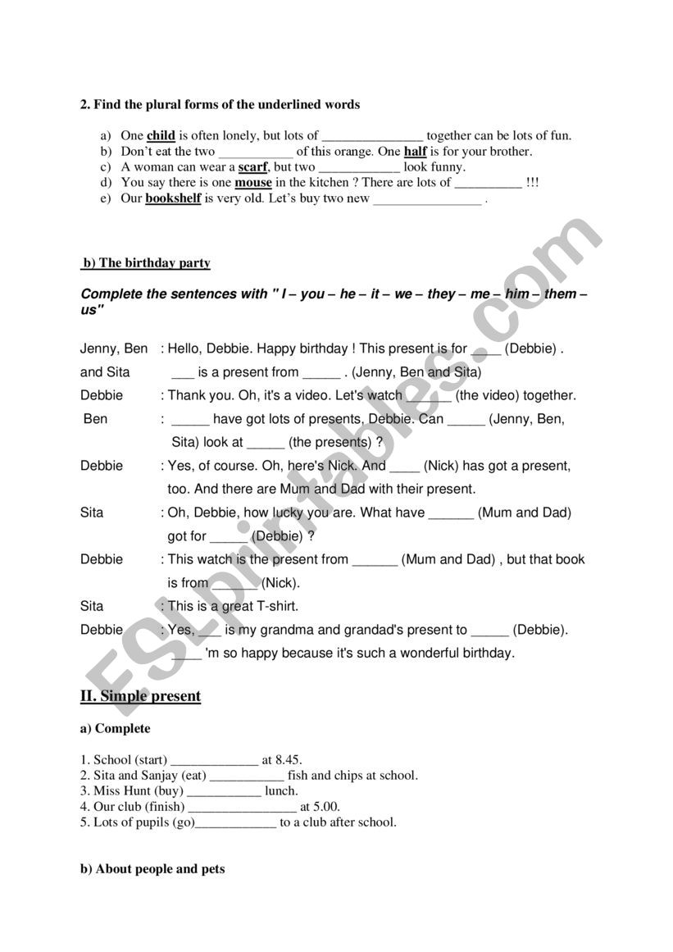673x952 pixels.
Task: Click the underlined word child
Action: pyautogui.click(x=161, y=136)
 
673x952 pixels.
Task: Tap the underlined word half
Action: pyautogui.click(x=416, y=152)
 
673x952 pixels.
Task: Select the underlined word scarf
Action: pyautogui.click(x=253, y=167)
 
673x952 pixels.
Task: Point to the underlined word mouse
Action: pyautogui.click(x=253, y=183)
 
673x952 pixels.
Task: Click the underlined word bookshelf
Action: pyautogui.click(x=173, y=198)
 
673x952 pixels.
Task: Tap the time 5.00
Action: pyautogui.click(x=325, y=807)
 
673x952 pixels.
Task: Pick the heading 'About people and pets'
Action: pyautogui.click(x=160, y=869)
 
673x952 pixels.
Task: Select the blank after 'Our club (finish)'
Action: pyautogui.click(x=243, y=808)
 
